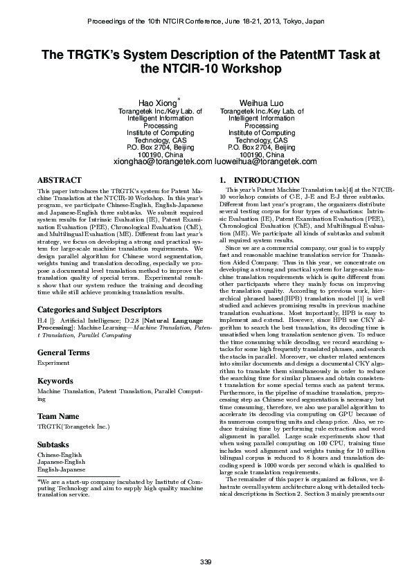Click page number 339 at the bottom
click(206, 560)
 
